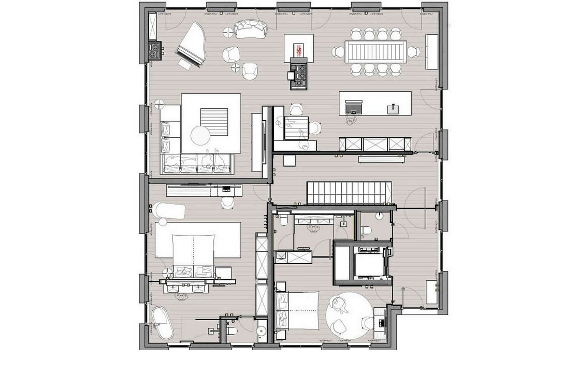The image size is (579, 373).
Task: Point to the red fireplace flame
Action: click(299, 49)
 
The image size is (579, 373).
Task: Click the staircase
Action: click(346, 193)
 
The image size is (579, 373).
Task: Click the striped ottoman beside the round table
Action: click(214, 122)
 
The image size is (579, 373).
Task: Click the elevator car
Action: click(368, 265)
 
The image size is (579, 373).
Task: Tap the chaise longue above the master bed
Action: click(169, 211)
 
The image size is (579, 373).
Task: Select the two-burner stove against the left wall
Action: click(154, 51)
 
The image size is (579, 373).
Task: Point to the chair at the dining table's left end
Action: click(338, 52)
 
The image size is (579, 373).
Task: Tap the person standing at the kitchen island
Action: click(351, 120)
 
